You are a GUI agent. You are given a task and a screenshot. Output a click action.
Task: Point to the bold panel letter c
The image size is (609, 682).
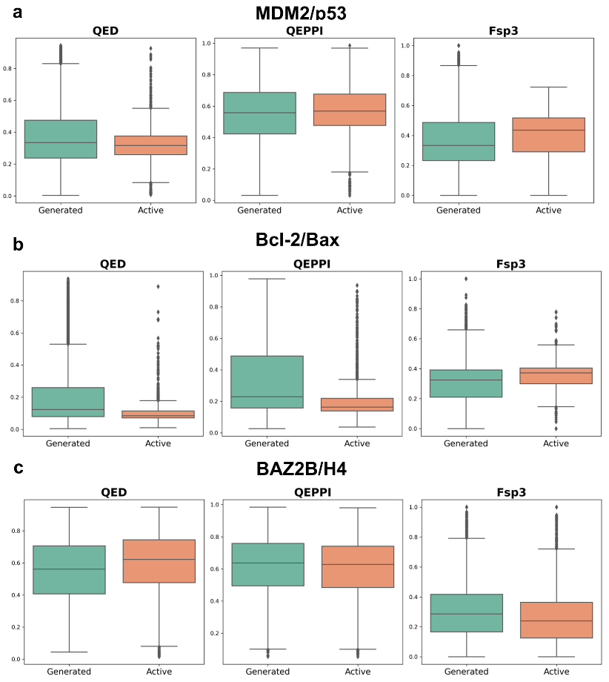18,469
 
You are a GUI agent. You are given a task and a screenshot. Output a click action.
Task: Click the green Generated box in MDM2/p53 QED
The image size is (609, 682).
61,139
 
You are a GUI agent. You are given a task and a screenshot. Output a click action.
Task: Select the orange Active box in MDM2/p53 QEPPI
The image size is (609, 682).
350,110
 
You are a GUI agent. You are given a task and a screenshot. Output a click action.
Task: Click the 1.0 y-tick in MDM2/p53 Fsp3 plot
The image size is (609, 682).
406,45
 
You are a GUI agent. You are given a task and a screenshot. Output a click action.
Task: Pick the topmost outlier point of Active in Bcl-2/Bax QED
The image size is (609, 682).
157,286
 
